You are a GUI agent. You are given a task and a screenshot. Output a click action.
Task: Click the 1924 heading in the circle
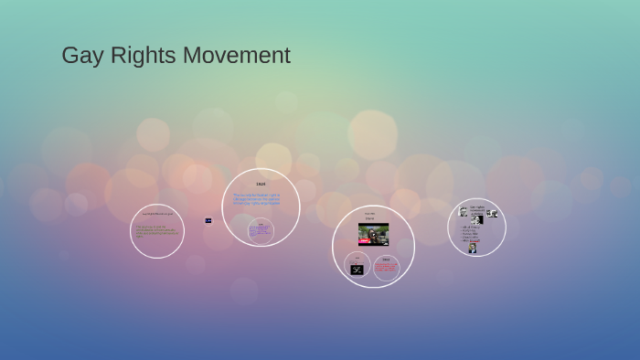tap(261, 185)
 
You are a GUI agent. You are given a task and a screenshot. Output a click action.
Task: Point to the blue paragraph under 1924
tap(257, 198)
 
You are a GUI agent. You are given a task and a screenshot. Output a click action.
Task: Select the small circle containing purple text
tap(261, 231)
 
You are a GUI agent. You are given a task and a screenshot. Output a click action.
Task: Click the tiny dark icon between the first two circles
tap(208, 220)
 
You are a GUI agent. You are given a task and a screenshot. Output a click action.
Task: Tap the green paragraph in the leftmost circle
tap(155, 231)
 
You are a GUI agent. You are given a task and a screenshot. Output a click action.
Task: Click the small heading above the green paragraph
tap(156, 214)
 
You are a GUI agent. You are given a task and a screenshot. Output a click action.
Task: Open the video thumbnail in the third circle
tap(373, 235)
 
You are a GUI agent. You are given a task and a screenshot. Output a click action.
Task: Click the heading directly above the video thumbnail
tap(370, 217)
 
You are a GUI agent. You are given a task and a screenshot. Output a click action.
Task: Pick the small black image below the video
tap(357, 269)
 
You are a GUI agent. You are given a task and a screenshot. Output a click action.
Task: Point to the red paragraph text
tap(386, 269)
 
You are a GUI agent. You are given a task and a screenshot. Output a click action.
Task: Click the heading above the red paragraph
tap(386, 259)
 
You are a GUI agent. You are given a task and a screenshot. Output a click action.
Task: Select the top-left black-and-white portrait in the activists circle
tap(463, 212)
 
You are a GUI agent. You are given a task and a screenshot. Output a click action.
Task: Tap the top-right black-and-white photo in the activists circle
tap(493, 214)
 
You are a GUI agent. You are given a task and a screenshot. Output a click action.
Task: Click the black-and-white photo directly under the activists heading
tap(477, 220)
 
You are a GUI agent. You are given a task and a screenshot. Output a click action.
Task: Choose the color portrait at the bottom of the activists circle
tap(473, 248)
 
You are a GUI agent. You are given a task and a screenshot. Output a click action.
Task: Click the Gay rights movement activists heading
tap(477, 209)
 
